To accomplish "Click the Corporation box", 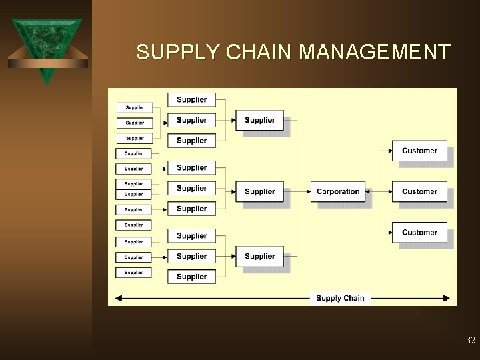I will click(338, 191).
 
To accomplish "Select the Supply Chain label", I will click(340, 298).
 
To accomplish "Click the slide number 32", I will click(471, 341).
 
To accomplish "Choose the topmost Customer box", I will click(419, 151).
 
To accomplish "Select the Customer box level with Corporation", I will click(419, 191).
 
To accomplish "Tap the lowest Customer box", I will click(419, 233).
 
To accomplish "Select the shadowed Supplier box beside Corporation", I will click(259, 191).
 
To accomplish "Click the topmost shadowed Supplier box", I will click(259, 120).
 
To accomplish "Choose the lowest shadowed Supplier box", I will click(259, 256).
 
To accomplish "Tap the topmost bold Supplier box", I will click(191, 99).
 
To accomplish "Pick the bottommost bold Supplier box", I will click(191, 276).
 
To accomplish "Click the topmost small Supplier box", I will click(135, 107).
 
